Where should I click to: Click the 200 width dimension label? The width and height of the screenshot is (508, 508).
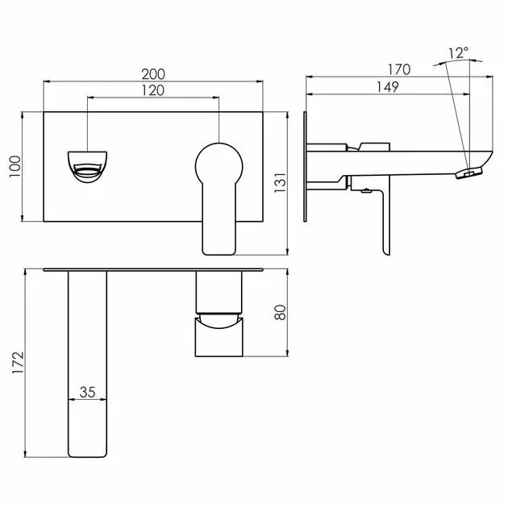click(153, 74)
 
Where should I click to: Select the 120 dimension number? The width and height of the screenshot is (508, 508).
click(153, 90)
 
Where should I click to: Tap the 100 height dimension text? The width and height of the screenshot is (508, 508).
click(15, 167)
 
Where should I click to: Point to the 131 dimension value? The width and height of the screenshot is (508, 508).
click(281, 183)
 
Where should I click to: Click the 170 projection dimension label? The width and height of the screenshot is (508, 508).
click(399, 69)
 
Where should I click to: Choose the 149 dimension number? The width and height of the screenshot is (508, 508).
click(388, 87)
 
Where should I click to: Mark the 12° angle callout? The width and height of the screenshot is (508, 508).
click(459, 52)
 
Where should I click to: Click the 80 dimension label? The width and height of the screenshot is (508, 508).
click(281, 313)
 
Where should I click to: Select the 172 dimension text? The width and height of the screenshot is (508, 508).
click(18, 363)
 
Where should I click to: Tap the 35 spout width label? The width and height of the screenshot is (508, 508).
click(87, 393)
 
